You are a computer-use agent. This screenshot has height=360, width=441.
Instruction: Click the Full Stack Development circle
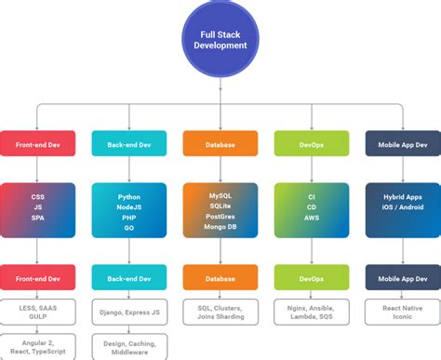(220, 39)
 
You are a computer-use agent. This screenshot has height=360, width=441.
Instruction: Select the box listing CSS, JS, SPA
(37, 209)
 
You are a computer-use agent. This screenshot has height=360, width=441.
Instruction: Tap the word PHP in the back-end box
(129, 217)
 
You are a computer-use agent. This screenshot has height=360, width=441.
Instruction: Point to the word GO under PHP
(129, 227)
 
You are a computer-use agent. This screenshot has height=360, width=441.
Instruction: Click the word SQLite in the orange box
(220, 207)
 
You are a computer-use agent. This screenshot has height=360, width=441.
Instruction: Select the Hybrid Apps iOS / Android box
(403, 209)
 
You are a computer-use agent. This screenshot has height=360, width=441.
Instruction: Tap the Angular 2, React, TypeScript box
(37, 344)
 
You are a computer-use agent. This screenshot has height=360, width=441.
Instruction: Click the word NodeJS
(129, 207)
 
